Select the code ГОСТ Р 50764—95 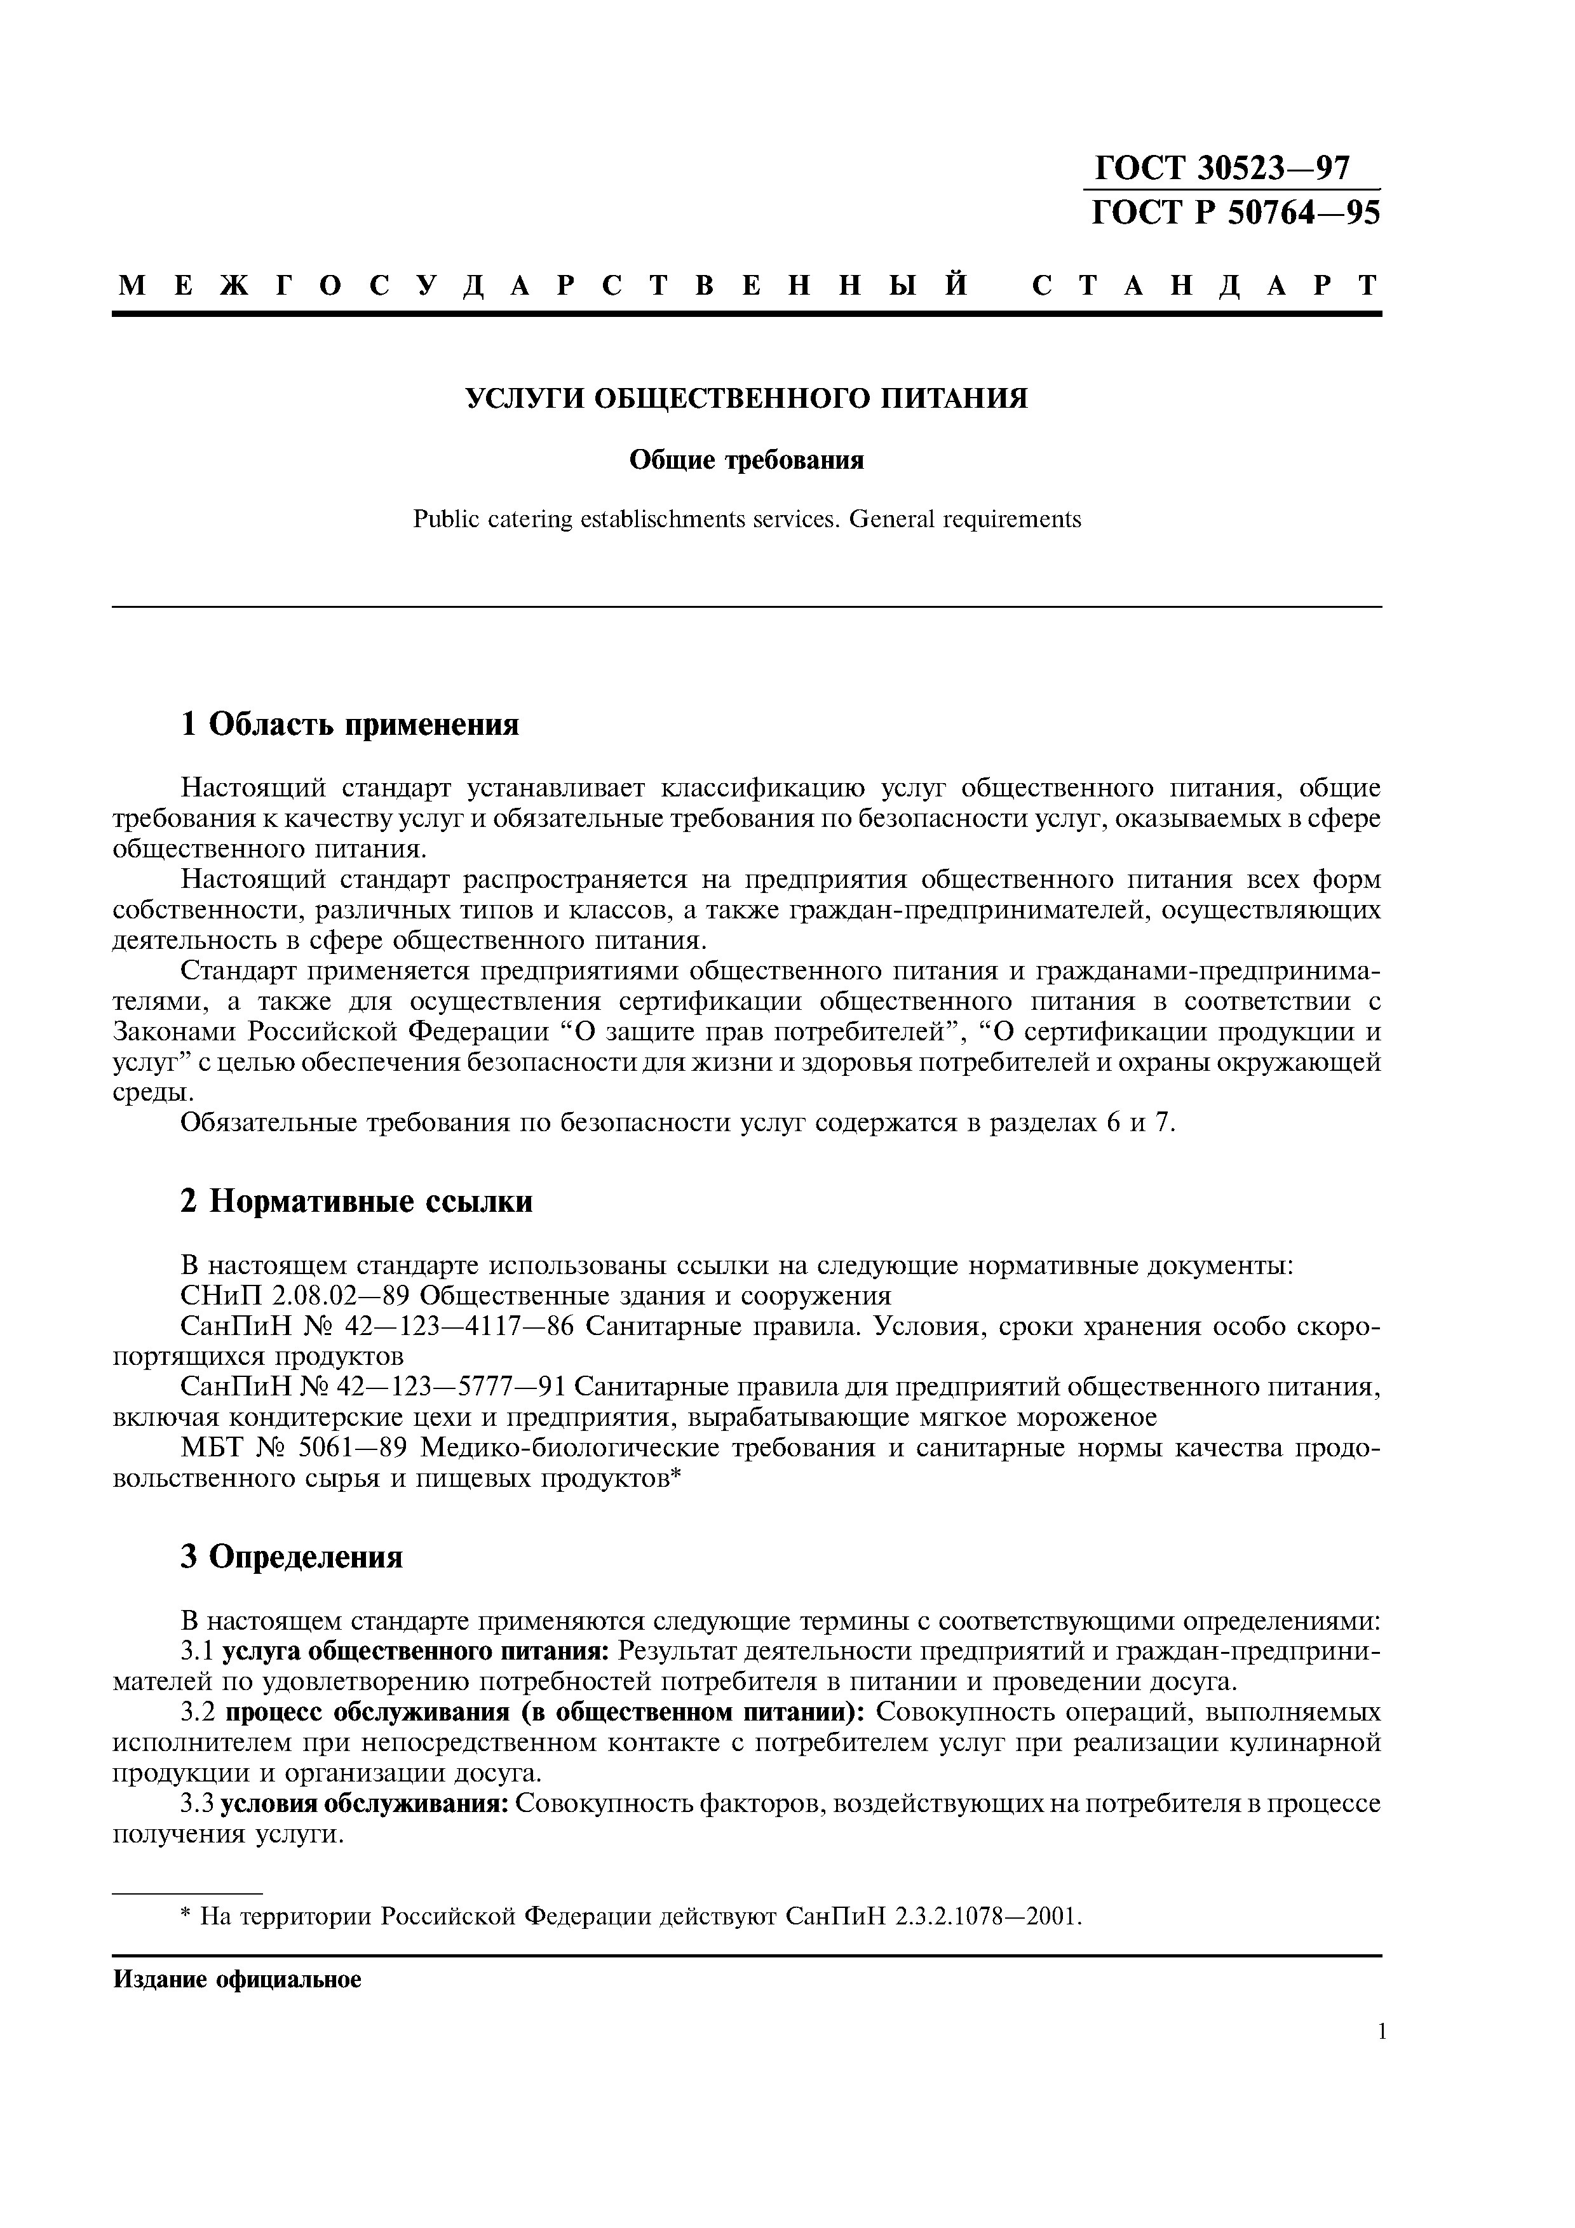[x=1234, y=213]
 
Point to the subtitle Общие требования [x=747, y=459]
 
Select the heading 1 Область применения [x=350, y=724]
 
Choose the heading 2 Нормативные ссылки [x=357, y=1202]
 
